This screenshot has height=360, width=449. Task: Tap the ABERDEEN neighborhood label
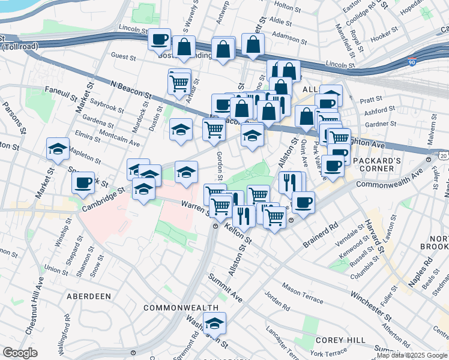pyautogui.click(x=88, y=296)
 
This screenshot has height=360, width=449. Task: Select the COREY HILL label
pyautogui.click(x=340, y=340)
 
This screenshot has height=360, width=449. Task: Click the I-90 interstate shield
pyautogui.click(x=411, y=61)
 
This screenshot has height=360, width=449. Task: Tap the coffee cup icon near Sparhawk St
pyautogui.click(x=83, y=182)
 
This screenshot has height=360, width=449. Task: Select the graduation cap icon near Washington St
pyautogui.click(x=214, y=323)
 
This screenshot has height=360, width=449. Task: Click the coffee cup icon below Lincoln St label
pyautogui.click(x=160, y=40)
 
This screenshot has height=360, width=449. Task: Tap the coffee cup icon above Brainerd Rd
pyautogui.click(x=304, y=202)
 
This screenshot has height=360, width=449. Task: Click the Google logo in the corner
pyautogui.click(x=20, y=353)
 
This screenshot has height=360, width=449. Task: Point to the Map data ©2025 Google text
pyautogui.click(x=411, y=355)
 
